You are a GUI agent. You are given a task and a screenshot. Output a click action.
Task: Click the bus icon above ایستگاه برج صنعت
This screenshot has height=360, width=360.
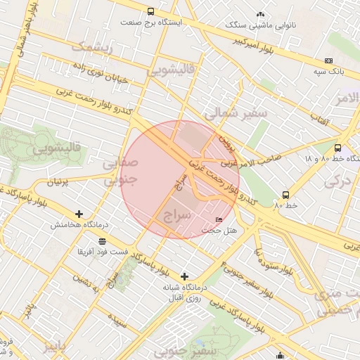[150, 12]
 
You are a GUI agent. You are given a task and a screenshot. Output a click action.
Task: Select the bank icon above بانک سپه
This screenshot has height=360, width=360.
[328, 60]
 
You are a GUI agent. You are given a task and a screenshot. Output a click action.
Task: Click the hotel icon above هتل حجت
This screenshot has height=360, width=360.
[219, 220]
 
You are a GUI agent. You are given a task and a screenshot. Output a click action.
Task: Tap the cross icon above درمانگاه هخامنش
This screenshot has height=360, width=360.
[79, 214]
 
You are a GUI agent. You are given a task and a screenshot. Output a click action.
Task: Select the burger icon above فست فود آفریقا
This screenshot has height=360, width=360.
[103, 240]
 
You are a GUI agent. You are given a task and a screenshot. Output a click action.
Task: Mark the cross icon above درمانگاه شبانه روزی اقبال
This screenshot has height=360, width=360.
[184, 276]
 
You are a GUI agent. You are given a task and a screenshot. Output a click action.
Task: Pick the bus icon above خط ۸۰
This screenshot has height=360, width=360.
[285, 194]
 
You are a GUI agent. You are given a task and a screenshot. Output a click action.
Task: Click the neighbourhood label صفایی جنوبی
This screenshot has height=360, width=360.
[120, 172]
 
